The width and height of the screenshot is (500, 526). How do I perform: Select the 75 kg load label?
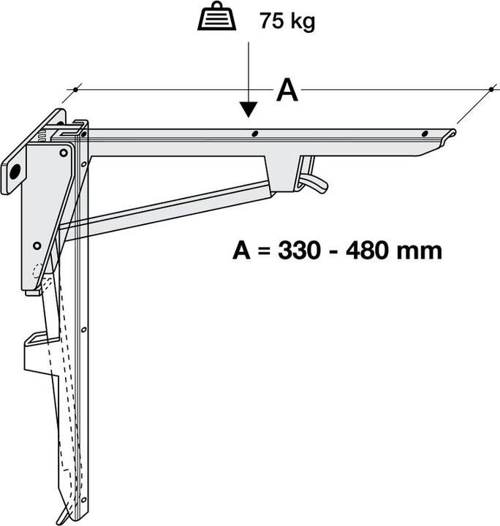point(287,21)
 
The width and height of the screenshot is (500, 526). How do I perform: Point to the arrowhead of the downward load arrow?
point(249,110)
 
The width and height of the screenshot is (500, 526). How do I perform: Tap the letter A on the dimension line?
point(287,91)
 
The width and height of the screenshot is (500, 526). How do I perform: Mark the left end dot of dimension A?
point(75,90)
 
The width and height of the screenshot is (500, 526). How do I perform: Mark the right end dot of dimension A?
point(490,90)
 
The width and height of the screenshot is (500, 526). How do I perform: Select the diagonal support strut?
point(168,208)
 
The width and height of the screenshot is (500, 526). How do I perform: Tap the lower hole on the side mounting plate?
point(36,245)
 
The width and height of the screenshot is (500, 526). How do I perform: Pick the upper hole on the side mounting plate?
point(63,153)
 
